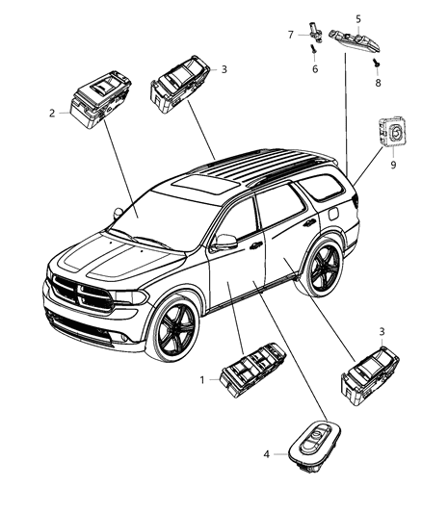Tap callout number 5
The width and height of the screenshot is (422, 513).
pyautogui.click(x=358, y=18)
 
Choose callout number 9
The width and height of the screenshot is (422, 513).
pyautogui.click(x=392, y=165)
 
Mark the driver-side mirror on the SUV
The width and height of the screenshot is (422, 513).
pyautogui.click(x=226, y=243)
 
